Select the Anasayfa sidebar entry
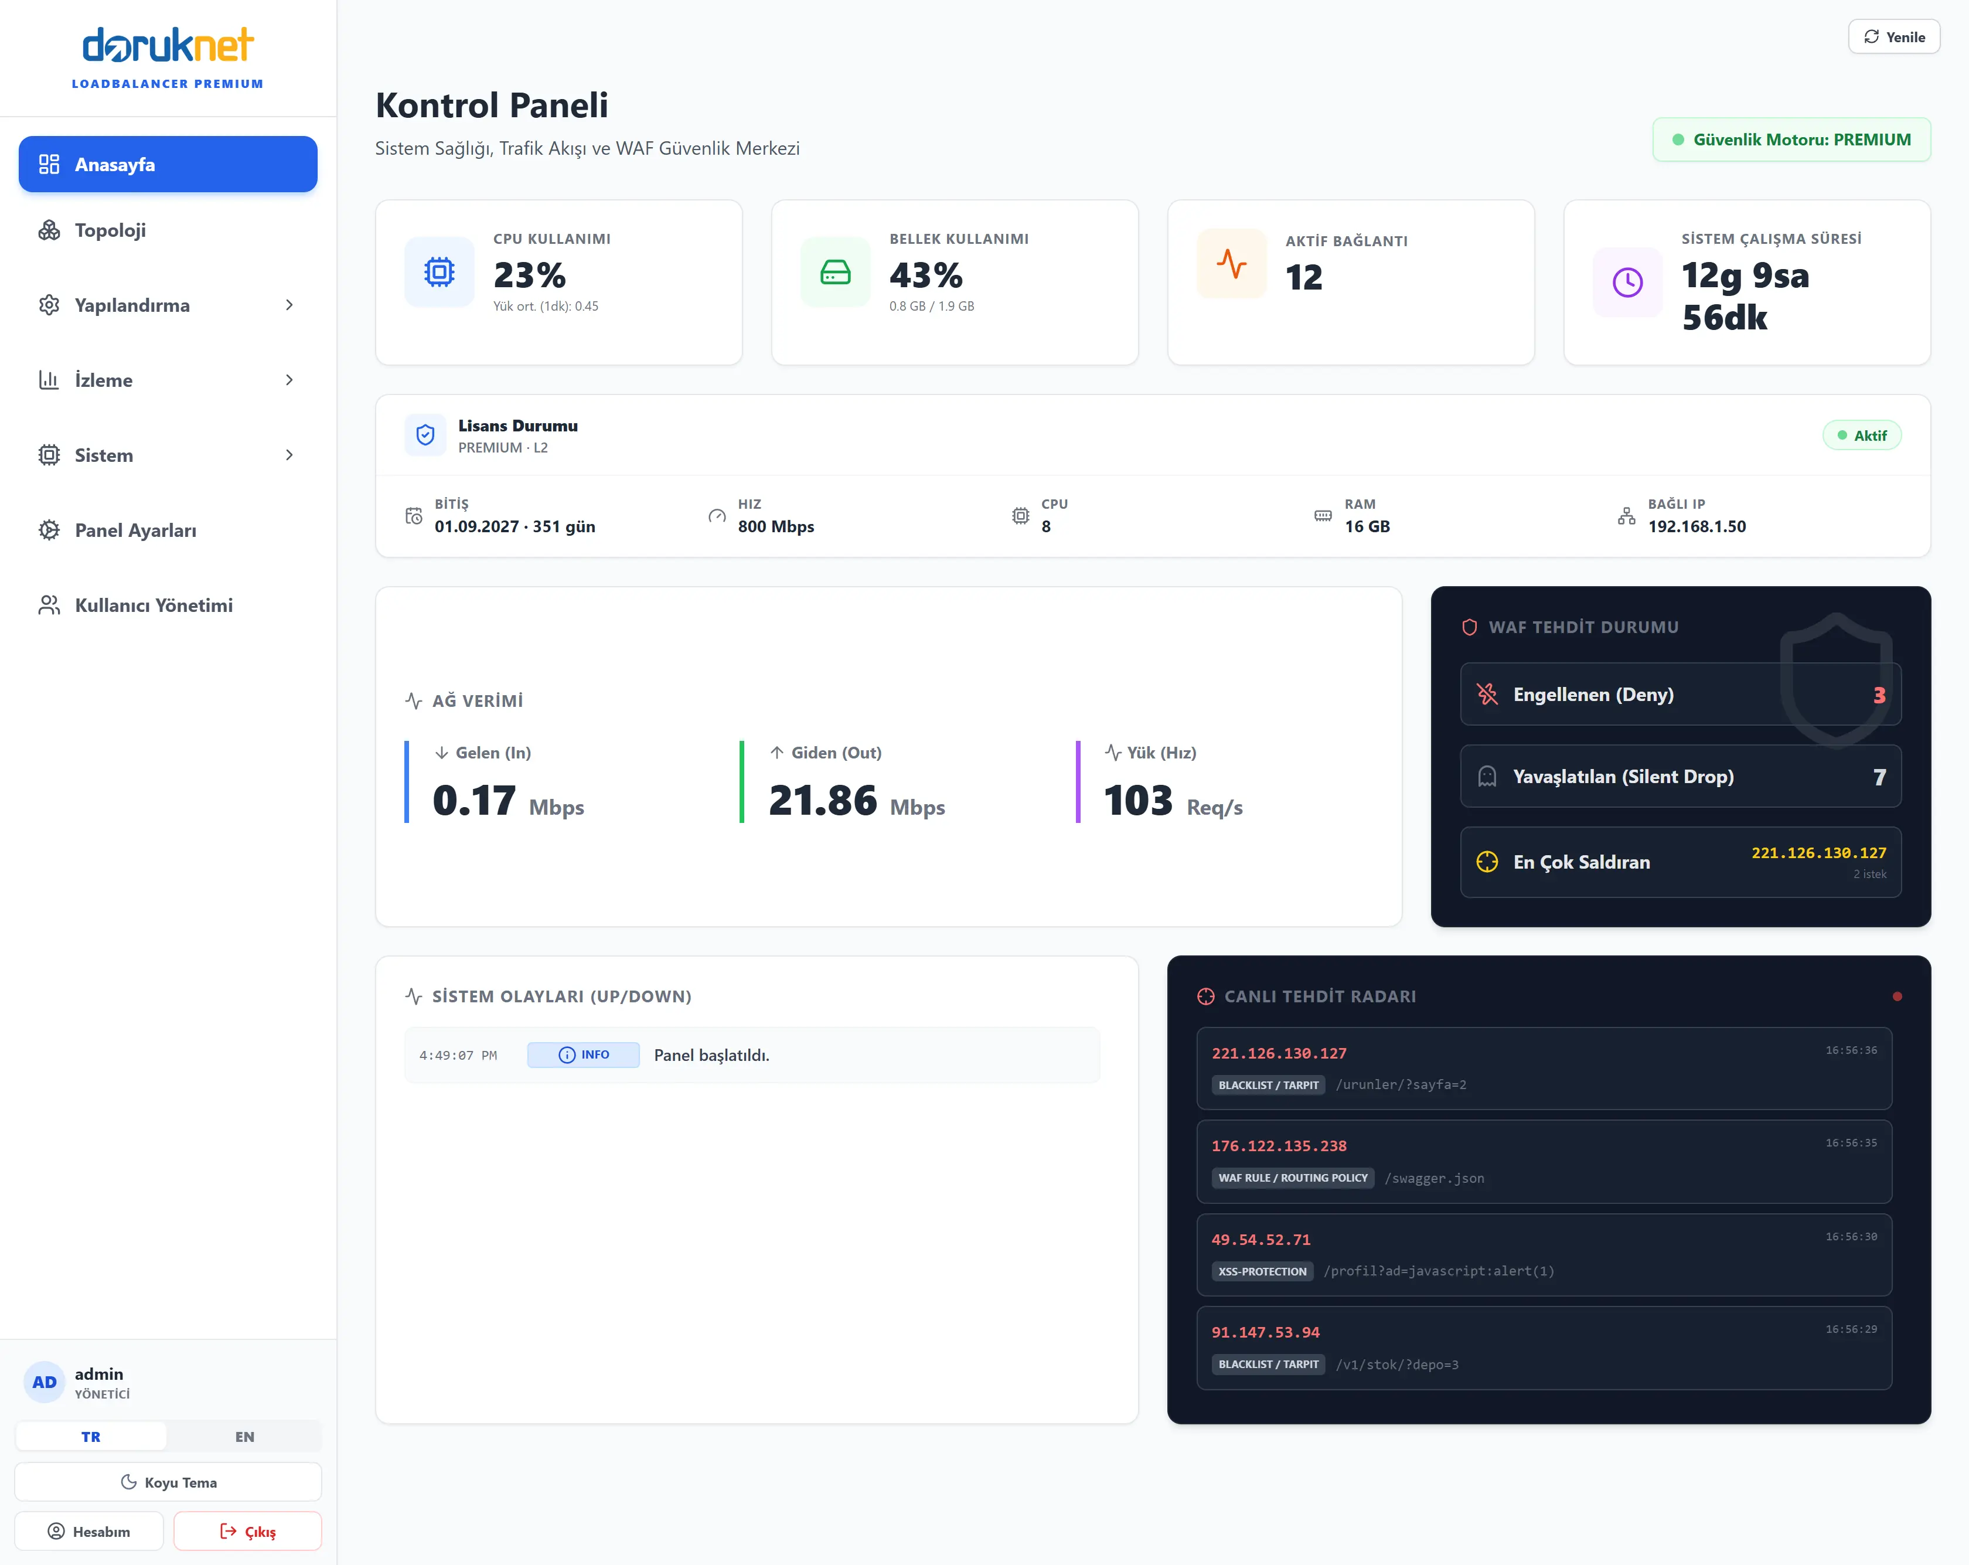tap(168, 165)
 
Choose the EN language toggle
tap(245, 1436)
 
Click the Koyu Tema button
tap(168, 1482)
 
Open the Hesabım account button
tap(90, 1531)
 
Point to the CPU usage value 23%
tap(530, 275)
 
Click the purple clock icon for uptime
tap(1627, 283)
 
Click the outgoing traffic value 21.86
tap(823, 800)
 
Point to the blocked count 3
tap(1879, 695)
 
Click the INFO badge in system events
tap(584, 1055)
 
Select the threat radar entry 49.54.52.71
tap(1261, 1240)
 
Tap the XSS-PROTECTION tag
tap(1262, 1271)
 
